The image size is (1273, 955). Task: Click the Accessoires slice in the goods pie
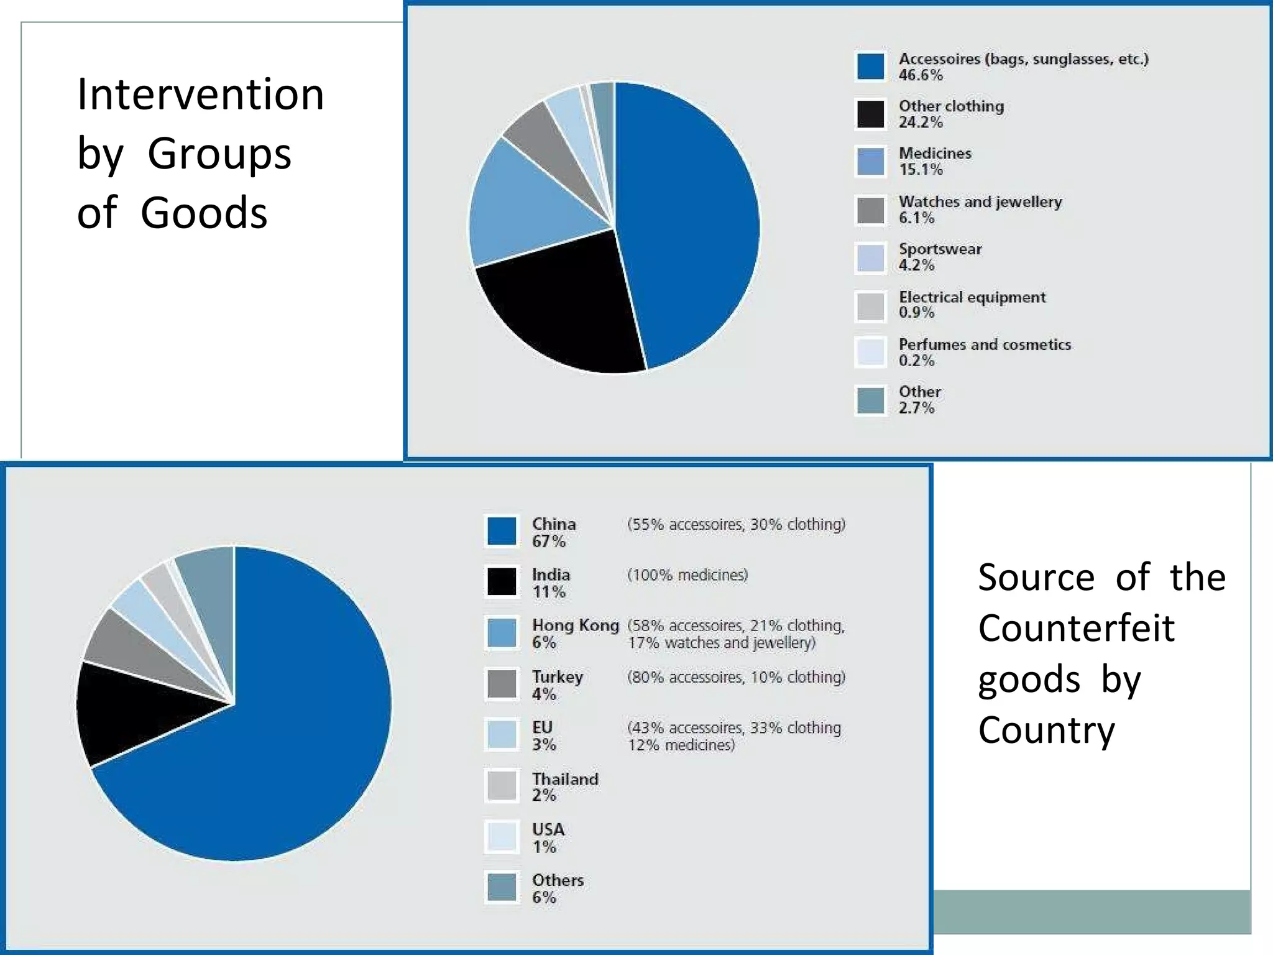pyautogui.click(x=690, y=218)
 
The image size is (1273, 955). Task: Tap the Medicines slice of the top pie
pyautogui.click(x=528, y=205)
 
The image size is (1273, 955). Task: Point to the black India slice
pyautogui.click(x=137, y=709)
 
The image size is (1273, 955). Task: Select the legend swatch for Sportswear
pyautogui.click(x=870, y=258)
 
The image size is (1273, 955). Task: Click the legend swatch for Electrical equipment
pyautogui.click(x=870, y=306)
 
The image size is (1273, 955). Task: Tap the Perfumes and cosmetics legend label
pyautogui.click(x=985, y=344)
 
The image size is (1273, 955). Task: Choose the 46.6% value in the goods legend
pyautogui.click(x=920, y=75)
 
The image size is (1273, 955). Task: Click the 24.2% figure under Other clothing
pyautogui.click(x=920, y=122)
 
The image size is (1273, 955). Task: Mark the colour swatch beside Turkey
pyautogui.click(x=501, y=684)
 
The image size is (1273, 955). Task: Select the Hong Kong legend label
pyautogui.click(x=576, y=625)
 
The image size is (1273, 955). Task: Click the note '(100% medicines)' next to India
pyautogui.click(x=687, y=575)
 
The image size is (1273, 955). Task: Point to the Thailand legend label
pyautogui.click(x=565, y=779)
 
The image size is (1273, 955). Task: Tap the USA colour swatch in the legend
pyautogui.click(x=501, y=837)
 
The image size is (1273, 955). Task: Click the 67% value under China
pyautogui.click(x=548, y=542)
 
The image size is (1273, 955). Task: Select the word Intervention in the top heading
pyautogui.click(x=200, y=95)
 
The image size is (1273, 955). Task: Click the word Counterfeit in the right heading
pyautogui.click(x=1076, y=628)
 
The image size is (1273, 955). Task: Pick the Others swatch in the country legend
pyautogui.click(x=501, y=887)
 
